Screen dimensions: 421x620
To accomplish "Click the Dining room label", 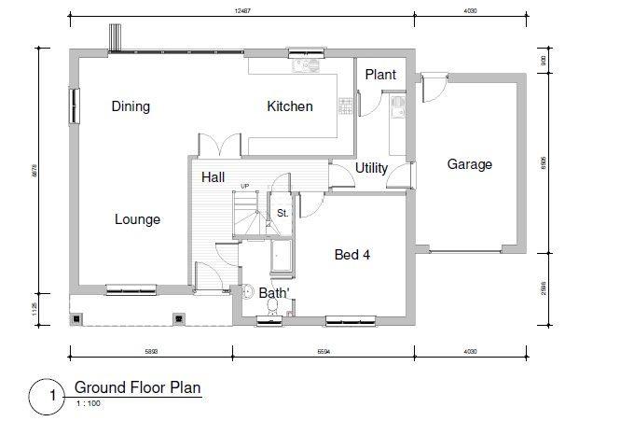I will [x=131, y=106].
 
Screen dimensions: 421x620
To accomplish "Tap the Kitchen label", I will [x=290, y=106].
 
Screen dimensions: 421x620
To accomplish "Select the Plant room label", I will [x=380, y=75].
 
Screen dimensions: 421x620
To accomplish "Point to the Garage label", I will [x=469, y=164].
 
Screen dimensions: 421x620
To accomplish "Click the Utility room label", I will [x=371, y=168].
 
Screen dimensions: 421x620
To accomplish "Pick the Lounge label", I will [x=137, y=219].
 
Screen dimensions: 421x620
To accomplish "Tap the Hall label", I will [x=213, y=176].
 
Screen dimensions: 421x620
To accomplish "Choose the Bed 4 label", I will [x=353, y=253].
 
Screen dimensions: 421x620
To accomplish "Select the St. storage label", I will [x=281, y=214].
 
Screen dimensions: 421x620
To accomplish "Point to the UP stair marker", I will [x=245, y=186].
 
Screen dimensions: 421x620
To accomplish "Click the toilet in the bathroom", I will [x=247, y=293].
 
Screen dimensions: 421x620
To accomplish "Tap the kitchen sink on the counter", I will [x=302, y=66].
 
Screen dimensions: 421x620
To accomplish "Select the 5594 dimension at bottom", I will [x=324, y=351].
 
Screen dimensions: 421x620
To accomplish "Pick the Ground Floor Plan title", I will [x=137, y=386].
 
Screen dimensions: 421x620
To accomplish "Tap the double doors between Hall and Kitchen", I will [x=220, y=148].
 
